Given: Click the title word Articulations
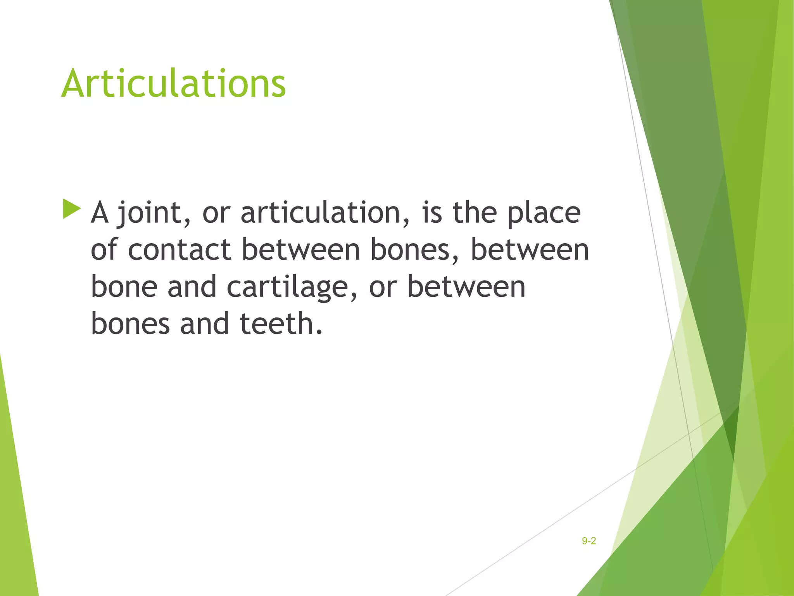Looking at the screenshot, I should tap(174, 83).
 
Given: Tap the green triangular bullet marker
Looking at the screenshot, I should tap(71, 209).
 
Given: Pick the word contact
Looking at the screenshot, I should tap(180, 249).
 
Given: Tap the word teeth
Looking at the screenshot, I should tap(281, 324).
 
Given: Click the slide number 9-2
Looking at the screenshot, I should tap(589, 541).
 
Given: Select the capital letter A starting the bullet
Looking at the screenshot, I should tap(100, 213).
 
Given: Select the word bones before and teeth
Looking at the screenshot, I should tap(130, 324).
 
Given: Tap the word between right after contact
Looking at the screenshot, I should tap(301, 249).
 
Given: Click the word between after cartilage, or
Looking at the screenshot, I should tap(466, 287).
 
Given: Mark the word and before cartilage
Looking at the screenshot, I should tap(192, 287).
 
